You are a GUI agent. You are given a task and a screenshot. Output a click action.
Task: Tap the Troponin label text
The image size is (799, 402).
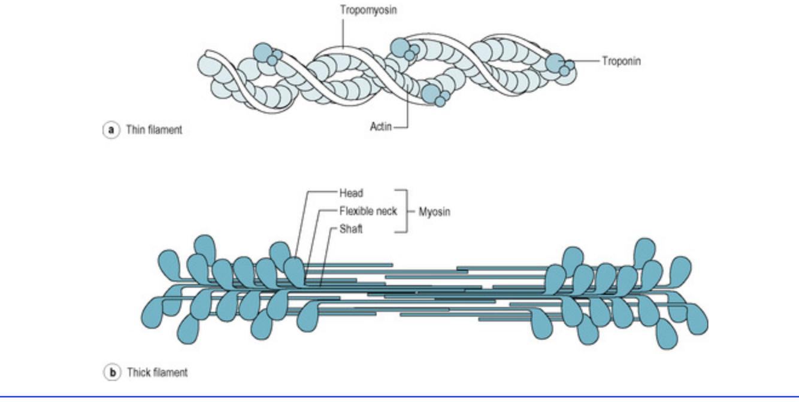[x=622, y=61]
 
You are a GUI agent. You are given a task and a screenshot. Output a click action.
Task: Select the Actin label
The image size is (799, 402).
[x=380, y=126]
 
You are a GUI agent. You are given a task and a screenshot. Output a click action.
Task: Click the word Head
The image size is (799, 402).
[x=351, y=193]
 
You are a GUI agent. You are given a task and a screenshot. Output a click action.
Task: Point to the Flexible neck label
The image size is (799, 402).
[x=368, y=211]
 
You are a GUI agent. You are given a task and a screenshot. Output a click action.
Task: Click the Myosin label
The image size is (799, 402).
[x=434, y=212]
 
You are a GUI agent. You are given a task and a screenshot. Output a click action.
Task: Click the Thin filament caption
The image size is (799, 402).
[x=153, y=129]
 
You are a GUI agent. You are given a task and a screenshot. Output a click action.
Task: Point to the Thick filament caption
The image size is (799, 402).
[x=157, y=373]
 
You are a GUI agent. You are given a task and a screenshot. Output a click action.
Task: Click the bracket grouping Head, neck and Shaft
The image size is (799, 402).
[x=405, y=211]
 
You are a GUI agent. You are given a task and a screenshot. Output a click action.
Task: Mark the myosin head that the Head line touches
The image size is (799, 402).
[x=295, y=269]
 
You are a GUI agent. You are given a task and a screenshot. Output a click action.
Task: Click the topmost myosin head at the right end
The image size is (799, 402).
[x=644, y=251]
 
